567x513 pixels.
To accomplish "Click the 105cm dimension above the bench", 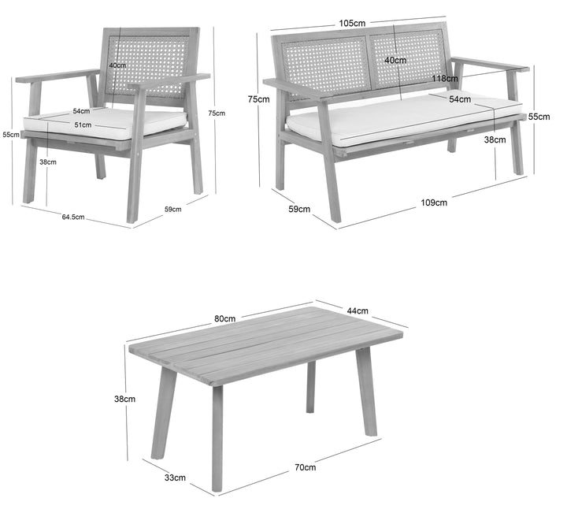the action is [352, 23].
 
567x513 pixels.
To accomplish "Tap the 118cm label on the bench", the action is [444, 78].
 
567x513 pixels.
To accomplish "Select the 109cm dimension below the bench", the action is [434, 203].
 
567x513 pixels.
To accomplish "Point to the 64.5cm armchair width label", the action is [73, 217].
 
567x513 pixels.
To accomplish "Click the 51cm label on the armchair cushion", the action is [83, 125].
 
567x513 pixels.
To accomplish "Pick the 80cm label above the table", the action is [224, 318].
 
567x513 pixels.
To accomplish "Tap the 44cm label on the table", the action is [358, 310].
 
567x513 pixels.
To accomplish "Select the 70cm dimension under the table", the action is [305, 467].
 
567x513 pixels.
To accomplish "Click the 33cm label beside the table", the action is [175, 478].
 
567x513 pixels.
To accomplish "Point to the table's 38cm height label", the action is [124, 399].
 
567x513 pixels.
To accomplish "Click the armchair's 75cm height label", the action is [217, 113].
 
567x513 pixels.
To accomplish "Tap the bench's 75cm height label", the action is [258, 99].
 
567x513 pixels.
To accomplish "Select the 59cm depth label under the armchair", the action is [172, 209].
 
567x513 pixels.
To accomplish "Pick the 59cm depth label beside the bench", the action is [299, 209].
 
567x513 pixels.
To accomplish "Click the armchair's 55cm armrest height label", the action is [11, 135].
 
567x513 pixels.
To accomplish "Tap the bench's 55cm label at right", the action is [539, 117].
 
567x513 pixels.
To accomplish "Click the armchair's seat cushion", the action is [105, 123].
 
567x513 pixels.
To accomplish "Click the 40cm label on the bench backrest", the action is [395, 60].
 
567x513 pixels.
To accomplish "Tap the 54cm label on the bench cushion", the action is [460, 99].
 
